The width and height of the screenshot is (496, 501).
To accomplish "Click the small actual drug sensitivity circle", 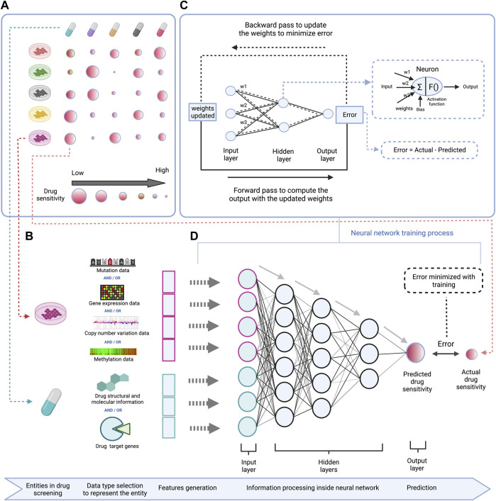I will [x=470, y=352].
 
